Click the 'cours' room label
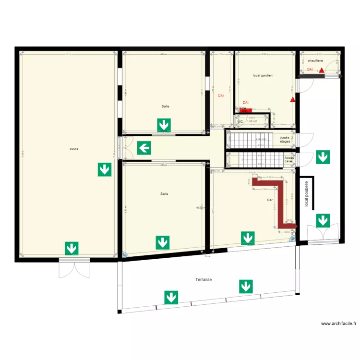[73, 149]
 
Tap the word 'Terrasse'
[204, 279]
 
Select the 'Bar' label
[269, 200]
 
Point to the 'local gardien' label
[263, 75]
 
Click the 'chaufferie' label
[315, 61]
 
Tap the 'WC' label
[240, 121]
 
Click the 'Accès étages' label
[285, 140]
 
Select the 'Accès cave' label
[289, 159]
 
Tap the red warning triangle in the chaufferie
[321, 70]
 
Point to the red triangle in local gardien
[292, 100]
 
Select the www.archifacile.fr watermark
[339, 324]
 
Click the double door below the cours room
[74, 268]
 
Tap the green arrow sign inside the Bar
[248, 238]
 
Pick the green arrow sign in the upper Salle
[164, 125]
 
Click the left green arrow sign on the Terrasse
[170, 297]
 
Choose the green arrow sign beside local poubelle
[323, 221]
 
